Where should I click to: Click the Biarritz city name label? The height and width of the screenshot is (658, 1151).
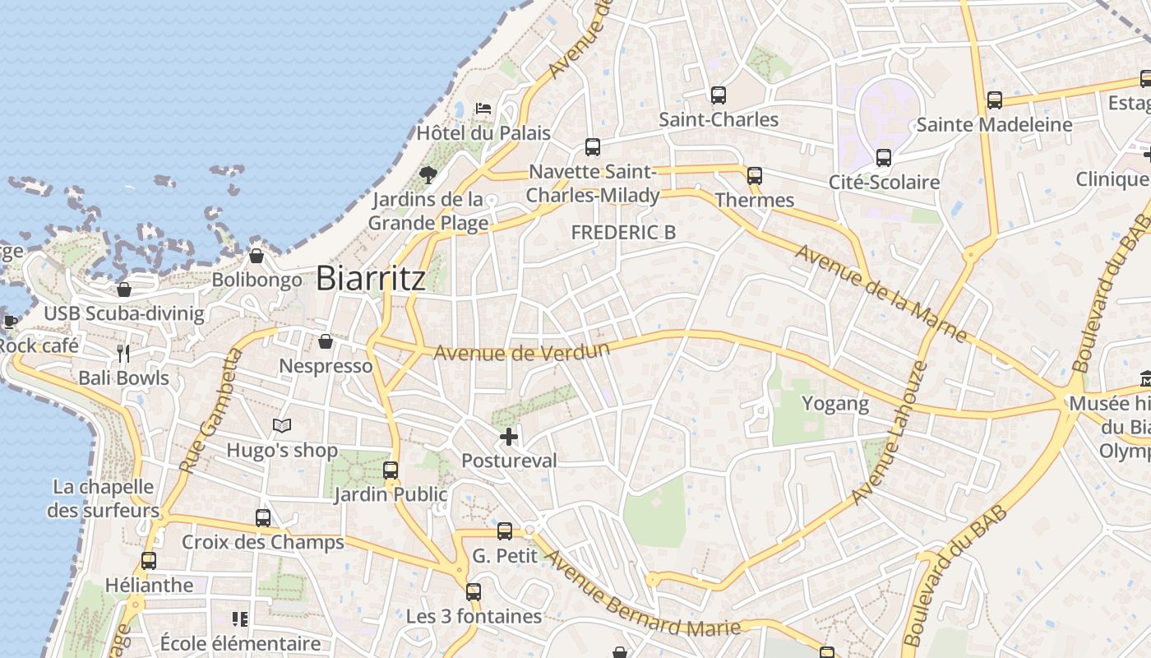click(x=371, y=278)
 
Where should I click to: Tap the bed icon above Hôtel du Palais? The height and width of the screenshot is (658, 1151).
click(x=483, y=109)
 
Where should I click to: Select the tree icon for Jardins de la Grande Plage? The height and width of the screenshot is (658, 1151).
click(x=428, y=174)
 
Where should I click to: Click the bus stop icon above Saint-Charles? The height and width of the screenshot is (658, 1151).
click(x=719, y=95)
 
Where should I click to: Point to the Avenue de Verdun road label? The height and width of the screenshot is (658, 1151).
click(x=521, y=351)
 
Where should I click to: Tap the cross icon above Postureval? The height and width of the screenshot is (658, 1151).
click(x=509, y=437)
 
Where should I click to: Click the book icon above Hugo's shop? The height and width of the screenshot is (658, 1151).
click(x=282, y=425)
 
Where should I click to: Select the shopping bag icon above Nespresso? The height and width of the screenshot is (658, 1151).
click(x=326, y=341)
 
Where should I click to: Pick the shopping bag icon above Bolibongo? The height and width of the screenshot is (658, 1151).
click(x=257, y=256)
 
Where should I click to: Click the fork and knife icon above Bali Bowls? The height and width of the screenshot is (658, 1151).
click(x=123, y=354)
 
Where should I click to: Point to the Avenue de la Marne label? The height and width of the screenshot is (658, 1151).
click(x=881, y=292)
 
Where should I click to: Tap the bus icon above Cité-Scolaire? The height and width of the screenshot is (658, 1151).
click(x=884, y=158)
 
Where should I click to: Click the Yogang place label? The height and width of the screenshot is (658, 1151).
click(x=835, y=403)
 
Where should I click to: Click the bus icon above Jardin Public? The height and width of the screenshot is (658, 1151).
click(x=391, y=470)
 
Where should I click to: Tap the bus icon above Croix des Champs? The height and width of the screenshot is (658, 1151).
click(x=263, y=518)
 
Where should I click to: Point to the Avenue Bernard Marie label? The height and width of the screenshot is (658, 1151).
click(x=643, y=595)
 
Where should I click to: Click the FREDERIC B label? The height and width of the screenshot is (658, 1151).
click(x=623, y=233)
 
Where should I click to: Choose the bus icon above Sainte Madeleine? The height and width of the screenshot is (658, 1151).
click(x=995, y=100)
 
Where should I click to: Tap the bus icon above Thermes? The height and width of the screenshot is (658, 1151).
click(x=755, y=175)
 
